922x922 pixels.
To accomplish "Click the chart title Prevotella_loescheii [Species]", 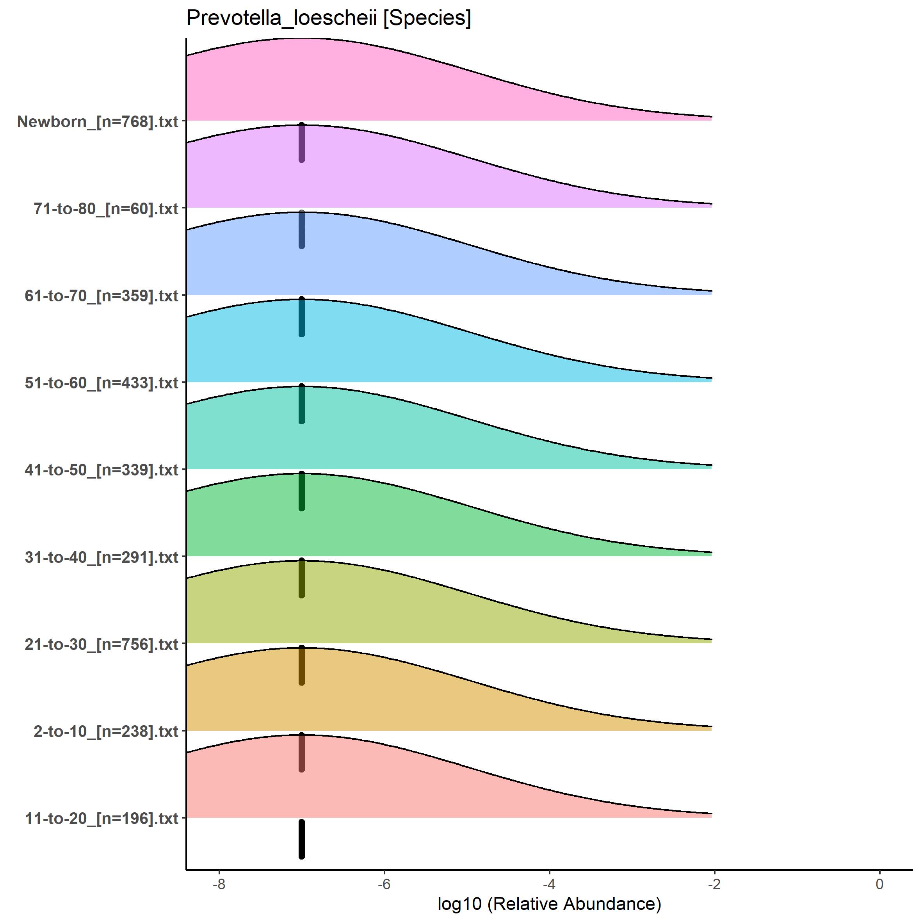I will tap(328, 18).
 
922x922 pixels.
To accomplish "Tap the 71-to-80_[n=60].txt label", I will tap(106, 208).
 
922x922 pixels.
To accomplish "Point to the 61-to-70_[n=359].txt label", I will tap(101, 296).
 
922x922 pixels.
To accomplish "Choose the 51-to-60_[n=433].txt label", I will tap(101, 383).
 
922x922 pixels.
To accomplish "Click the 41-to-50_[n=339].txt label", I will tap(101, 470).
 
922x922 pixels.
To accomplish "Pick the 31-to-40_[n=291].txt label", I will tap(101, 557).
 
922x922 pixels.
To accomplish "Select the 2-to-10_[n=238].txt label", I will tap(106, 731).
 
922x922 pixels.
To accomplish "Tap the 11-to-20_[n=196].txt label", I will tap(101, 819).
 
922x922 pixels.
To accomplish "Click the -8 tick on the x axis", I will tap(219, 884).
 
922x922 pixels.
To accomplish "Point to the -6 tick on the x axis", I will tap(384, 884).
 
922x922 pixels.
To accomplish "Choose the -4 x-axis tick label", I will tap(549, 884).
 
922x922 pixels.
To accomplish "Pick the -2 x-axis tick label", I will tap(714, 884).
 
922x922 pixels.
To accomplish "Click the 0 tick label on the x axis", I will tap(879, 884).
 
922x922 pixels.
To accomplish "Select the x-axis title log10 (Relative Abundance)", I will tap(549, 904).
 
